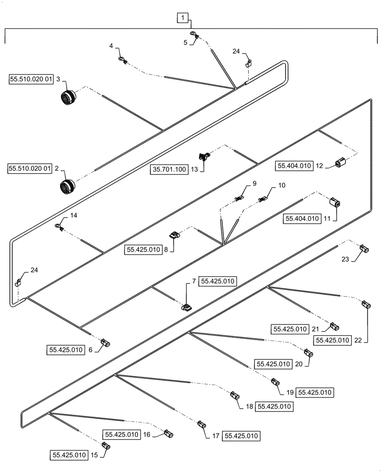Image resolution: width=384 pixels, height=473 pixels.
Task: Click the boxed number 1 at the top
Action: click(183, 18)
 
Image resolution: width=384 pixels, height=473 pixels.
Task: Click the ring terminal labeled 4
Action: click(122, 60)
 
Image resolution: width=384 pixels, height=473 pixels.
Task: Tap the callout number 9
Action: click(254, 183)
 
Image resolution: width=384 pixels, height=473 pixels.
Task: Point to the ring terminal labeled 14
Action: click(59, 227)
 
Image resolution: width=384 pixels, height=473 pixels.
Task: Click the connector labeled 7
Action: click(186, 307)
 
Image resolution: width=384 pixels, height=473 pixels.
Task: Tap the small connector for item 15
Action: click(106, 445)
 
